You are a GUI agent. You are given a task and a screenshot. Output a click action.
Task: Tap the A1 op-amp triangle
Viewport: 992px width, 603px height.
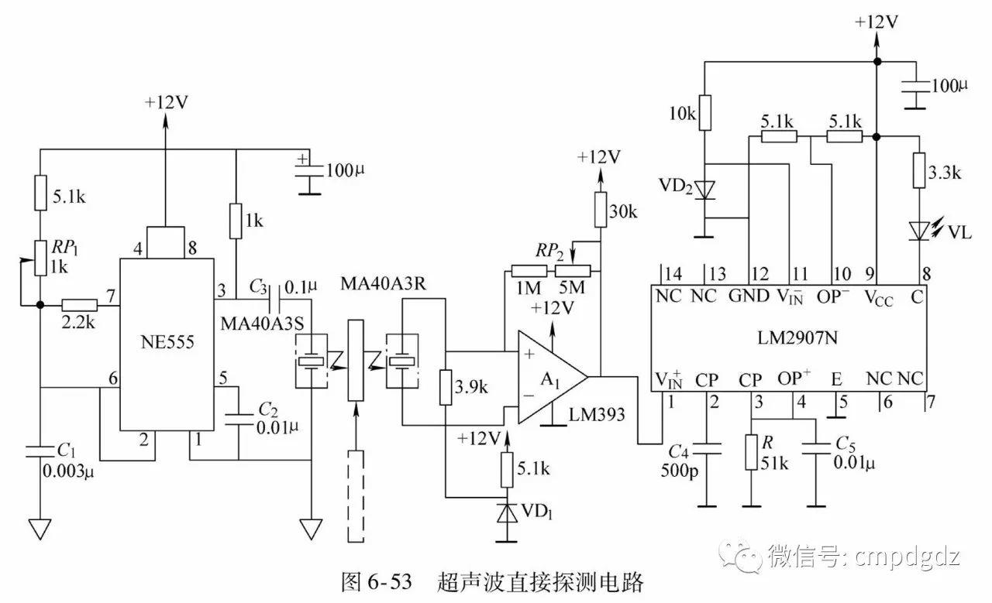click(x=547, y=377)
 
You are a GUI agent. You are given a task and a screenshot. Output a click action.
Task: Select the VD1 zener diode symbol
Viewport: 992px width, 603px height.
click(x=507, y=515)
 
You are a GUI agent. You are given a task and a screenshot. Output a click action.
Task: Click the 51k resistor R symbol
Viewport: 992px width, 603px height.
click(x=751, y=453)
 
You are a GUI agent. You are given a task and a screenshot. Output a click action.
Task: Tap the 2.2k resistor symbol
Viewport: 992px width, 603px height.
click(x=79, y=305)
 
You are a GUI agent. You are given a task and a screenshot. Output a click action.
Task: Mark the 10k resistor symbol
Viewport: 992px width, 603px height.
click(x=704, y=111)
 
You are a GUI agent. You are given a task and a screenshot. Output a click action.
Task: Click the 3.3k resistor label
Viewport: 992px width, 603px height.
click(x=945, y=173)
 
